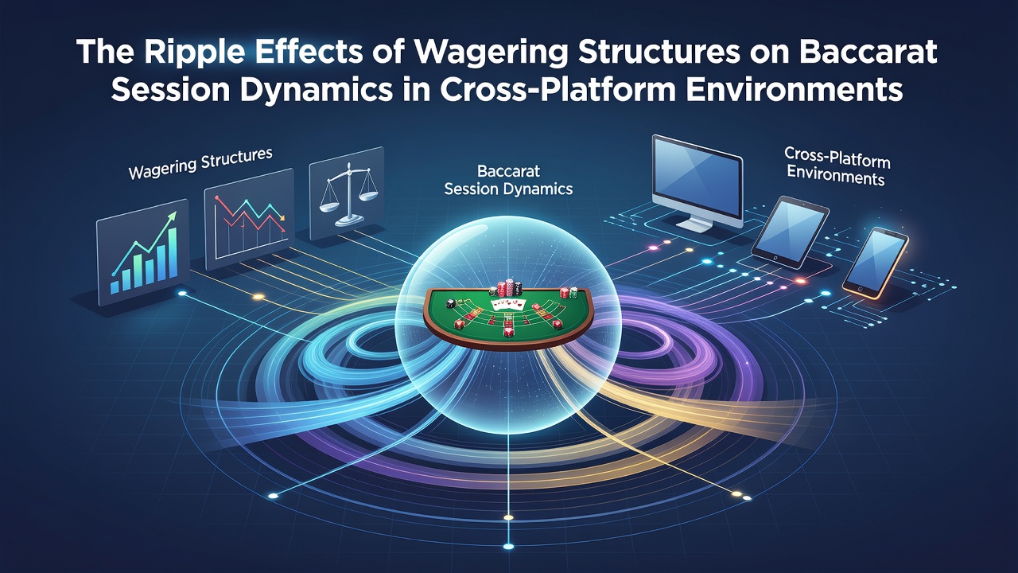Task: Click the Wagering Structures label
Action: [200, 163]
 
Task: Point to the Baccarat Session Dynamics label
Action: [508, 180]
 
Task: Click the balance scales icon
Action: [348, 195]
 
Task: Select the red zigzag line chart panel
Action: [250, 219]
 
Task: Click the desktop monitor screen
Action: [697, 179]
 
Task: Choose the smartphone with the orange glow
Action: [876, 263]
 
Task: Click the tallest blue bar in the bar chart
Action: [173, 252]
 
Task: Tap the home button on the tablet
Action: [775, 258]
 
